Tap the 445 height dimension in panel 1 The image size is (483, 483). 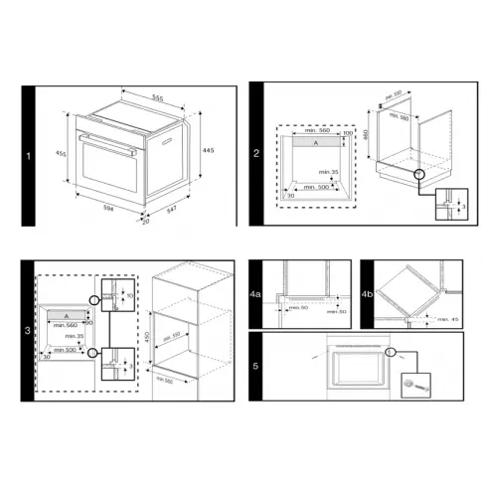point(208,149)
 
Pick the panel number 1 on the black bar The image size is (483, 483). point(30,155)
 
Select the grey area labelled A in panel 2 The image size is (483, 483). point(317,144)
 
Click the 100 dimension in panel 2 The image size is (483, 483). point(348,132)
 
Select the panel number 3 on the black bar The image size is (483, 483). point(29,328)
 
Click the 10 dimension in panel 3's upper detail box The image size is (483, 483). point(129,296)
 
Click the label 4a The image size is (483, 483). point(255,295)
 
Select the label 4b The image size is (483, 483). point(368,295)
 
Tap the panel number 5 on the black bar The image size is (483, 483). point(255,366)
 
